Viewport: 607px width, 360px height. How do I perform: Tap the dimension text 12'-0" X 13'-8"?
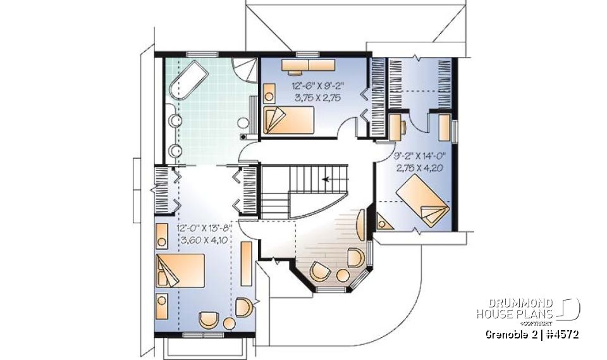pyautogui.click(x=206, y=228)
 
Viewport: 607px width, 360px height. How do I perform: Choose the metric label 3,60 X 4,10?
pyautogui.click(x=206, y=240)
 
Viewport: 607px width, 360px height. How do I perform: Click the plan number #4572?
pyautogui.click(x=562, y=334)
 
